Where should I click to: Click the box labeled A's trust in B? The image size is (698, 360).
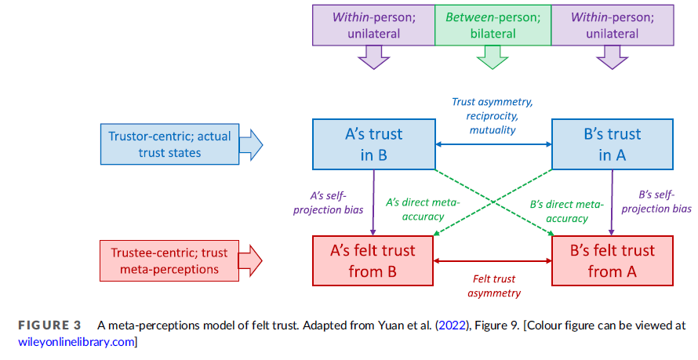click(x=374, y=144)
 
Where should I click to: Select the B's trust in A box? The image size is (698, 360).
click(x=611, y=144)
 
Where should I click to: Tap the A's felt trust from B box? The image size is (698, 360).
click(x=373, y=261)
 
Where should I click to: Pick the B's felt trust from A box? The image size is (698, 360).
click(x=611, y=261)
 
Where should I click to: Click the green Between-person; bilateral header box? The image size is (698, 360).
click(x=493, y=24)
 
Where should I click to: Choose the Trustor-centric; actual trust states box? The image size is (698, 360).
click(x=169, y=144)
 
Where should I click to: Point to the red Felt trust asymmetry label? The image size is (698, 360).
click(x=494, y=285)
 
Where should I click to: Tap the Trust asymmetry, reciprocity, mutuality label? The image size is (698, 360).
click(x=494, y=115)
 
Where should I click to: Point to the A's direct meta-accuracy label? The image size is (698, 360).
click(x=424, y=209)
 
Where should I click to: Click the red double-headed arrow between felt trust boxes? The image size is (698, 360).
click(x=494, y=261)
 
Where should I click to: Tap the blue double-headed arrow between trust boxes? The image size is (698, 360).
click(x=494, y=144)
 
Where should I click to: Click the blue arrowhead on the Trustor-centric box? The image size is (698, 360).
click(x=251, y=144)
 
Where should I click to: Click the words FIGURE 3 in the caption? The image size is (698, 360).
click(x=49, y=325)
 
